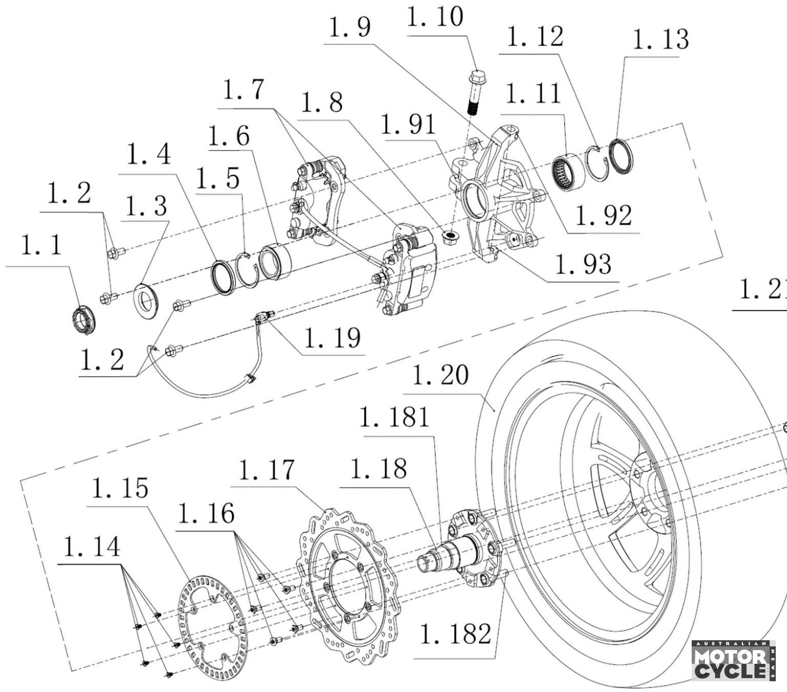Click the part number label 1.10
click(435, 17)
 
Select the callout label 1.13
click(660, 39)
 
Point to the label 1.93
click(583, 265)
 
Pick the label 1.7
click(244, 90)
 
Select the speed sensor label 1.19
click(332, 338)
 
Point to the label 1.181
click(393, 417)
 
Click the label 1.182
click(455, 634)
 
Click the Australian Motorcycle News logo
click(733, 661)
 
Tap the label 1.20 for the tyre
click(440, 375)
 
